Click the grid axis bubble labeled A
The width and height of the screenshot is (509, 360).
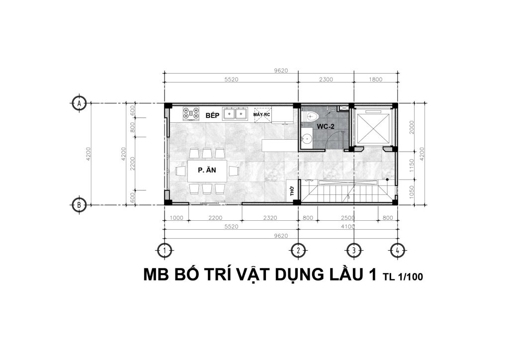[79, 103]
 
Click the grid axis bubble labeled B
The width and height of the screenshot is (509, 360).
[79, 205]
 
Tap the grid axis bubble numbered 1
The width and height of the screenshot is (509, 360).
[165, 250]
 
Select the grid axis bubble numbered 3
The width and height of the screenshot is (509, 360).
[353, 250]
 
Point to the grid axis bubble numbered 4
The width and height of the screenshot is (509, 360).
[397, 250]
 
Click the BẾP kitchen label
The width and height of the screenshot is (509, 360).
[213, 115]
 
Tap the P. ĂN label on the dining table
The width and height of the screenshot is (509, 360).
[207, 170]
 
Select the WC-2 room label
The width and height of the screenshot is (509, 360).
[326, 127]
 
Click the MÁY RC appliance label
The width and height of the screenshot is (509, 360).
[261, 114]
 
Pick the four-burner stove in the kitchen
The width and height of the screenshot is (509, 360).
[191, 113]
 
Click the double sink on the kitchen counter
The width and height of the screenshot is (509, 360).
[235, 113]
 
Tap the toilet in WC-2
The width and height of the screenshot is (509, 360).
[311, 116]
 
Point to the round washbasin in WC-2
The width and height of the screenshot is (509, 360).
[306, 139]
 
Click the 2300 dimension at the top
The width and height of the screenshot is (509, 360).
[326, 79]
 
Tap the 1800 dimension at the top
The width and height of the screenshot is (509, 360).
[376, 79]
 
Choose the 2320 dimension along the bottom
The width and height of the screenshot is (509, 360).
[270, 218]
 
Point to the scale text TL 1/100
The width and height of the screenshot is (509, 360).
[403, 277]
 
